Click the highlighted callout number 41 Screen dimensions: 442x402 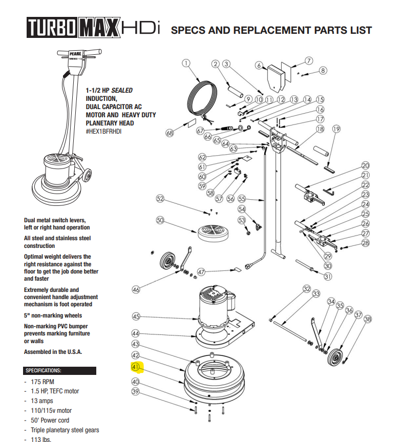click(x=136, y=367)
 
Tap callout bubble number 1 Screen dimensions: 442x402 click(x=186, y=64)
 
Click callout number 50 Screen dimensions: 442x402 click(x=160, y=220)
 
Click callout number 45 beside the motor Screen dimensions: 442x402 click(x=136, y=317)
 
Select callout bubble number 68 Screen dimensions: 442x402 click(x=170, y=133)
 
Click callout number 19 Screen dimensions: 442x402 click(x=336, y=129)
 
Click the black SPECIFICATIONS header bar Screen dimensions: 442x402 click(x=60, y=370)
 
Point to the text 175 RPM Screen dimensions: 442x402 click(x=43, y=382)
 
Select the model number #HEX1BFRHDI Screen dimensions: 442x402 click(x=104, y=132)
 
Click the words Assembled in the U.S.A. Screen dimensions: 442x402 click(x=53, y=352)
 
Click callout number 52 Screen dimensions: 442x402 click(x=160, y=199)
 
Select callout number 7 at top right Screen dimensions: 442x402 click(x=309, y=60)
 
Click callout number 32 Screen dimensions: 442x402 click(x=306, y=289)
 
